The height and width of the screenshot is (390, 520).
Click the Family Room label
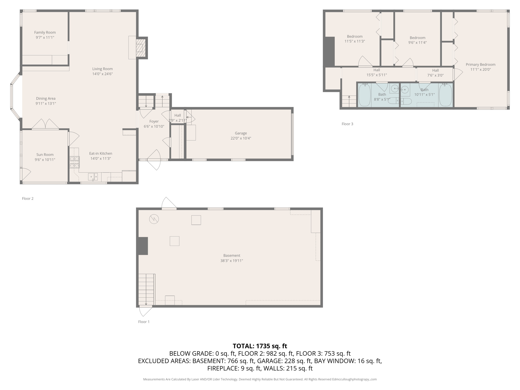pyautogui.click(x=45, y=32)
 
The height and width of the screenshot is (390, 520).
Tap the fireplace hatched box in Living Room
pyautogui.click(x=141, y=48)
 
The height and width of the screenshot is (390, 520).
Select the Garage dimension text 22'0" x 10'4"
pyautogui.click(x=241, y=138)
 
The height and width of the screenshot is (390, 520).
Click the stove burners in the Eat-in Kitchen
pyautogui.click(x=74, y=162)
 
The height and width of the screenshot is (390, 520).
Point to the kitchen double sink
pyautogui.click(x=93, y=176)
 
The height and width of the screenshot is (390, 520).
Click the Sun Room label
pyautogui.click(x=45, y=155)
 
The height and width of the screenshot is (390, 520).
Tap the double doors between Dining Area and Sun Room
pyautogui.click(x=45, y=124)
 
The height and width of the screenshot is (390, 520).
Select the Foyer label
pyautogui.click(x=154, y=121)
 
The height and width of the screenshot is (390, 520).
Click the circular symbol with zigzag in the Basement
pyautogui.click(x=154, y=219)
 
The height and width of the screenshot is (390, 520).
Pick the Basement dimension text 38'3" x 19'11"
pyautogui.click(x=232, y=261)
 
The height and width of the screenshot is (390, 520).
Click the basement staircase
pyautogui.click(x=146, y=289)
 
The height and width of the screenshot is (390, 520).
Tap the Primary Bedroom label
pyautogui.click(x=480, y=64)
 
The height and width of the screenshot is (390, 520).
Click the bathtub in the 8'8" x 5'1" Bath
pyautogui.click(x=364, y=95)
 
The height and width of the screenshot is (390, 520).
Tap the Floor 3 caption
pyautogui.click(x=347, y=124)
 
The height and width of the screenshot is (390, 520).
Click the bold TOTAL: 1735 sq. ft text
pyautogui.click(x=260, y=346)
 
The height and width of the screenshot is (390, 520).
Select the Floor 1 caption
pyautogui.click(x=144, y=322)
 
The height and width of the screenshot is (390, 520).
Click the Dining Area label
pyautogui.click(x=46, y=99)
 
